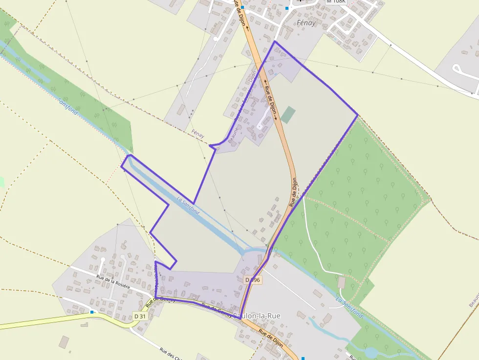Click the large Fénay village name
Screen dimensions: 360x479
306,23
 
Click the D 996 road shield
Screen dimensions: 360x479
253,280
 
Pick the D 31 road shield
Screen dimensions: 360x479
140,317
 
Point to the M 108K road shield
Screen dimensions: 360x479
336,1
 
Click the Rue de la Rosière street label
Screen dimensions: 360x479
113,282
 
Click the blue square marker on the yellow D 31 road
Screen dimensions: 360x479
91,311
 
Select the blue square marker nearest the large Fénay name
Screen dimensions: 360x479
287,8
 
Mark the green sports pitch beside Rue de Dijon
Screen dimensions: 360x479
288,115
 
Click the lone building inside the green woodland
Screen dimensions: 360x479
342,282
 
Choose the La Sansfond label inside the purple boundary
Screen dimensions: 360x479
188,205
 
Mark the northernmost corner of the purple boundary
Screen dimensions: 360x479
275,42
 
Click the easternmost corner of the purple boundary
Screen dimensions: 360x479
358,115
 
